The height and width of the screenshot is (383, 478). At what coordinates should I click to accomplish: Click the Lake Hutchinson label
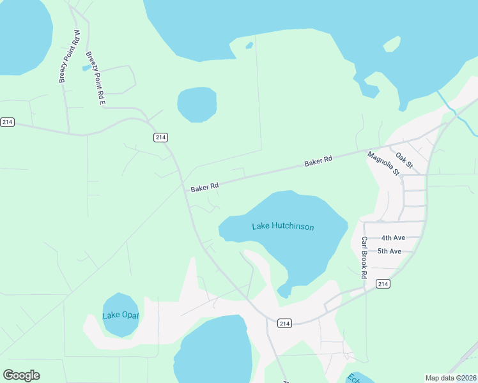(x=282, y=226)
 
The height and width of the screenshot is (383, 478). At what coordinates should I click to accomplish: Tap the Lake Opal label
(x=120, y=315)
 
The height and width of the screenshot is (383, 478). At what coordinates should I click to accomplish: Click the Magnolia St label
(x=383, y=163)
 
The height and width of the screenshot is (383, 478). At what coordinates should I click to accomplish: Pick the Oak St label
(x=405, y=160)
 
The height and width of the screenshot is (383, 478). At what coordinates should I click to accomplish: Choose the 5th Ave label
(x=389, y=251)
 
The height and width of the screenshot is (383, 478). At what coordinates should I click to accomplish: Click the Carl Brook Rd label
(x=364, y=257)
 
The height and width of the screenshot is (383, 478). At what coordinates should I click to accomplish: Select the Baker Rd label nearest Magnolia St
(x=318, y=162)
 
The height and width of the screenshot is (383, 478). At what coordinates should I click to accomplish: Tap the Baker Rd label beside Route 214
(x=204, y=187)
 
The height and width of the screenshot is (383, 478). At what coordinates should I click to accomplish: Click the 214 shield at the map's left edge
(x=7, y=122)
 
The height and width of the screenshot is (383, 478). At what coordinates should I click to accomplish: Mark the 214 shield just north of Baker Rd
(x=160, y=137)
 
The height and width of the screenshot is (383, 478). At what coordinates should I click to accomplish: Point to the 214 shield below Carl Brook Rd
(x=383, y=283)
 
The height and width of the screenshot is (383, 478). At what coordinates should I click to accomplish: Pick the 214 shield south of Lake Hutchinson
(x=285, y=324)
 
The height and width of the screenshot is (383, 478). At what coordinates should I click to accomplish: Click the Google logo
(x=21, y=375)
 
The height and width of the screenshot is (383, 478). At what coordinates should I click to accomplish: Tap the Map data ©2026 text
(x=451, y=378)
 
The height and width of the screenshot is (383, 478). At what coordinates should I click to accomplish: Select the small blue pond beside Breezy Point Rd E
(x=86, y=67)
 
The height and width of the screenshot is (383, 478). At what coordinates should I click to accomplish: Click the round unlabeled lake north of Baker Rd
(x=197, y=104)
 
